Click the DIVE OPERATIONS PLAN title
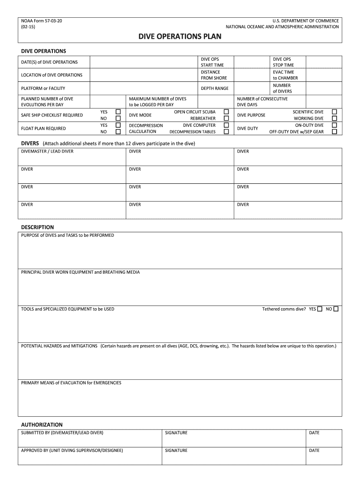[x=180, y=37]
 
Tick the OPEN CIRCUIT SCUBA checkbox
[x=226, y=112]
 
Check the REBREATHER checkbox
[x=226, y=118]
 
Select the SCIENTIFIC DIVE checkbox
[x=334, y=112]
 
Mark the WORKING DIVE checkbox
[x=334, y=118]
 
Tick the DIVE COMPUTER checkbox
[x=226, y=125]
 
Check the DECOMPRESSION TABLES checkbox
[x=226, y=132]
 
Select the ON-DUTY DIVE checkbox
[x=334, y=125]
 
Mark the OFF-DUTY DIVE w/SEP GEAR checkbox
[x=334, y=132]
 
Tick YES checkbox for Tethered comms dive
[x=320, y=309]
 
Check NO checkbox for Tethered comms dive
[x=336, y=309]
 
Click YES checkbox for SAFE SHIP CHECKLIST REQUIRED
[x=118, y=112]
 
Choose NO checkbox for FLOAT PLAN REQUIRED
[x=118, y=132]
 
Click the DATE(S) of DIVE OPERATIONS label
[x=50, y=62]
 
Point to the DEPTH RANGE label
[x=215, y=88]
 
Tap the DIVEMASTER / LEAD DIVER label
[x=47, y=152]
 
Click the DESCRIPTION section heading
[x=37, y=227]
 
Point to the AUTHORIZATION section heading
[x=42, y=425]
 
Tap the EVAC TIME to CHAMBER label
[x=285, y=75]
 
